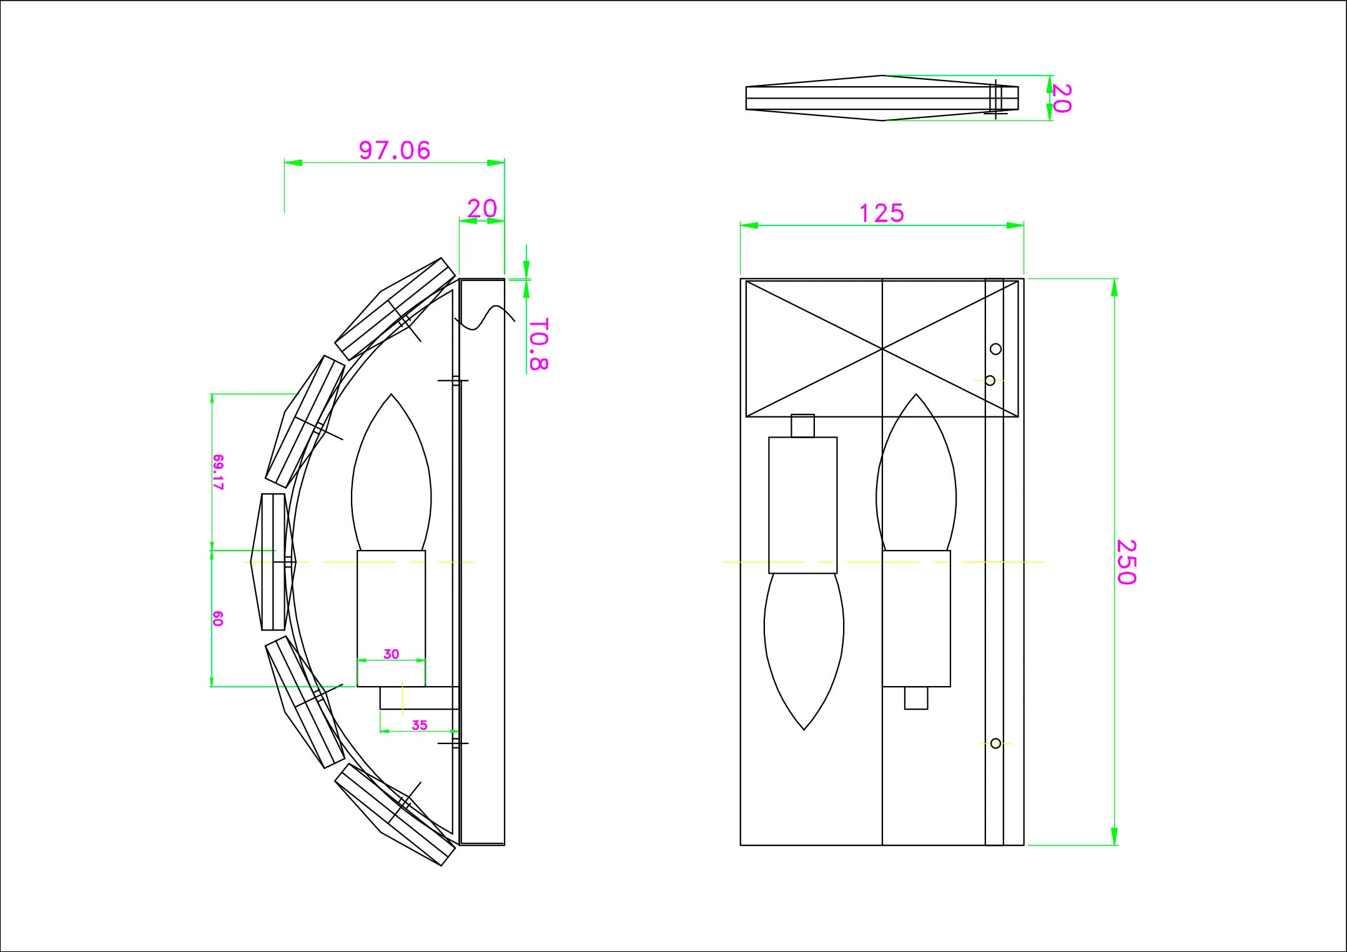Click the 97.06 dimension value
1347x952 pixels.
[x=395, y=150]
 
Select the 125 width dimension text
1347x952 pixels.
[x=882, y=213]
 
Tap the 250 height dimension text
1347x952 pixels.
[x=1126, y=562]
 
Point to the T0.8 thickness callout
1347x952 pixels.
[x=538, y=345]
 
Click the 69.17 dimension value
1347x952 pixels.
[x=218, y=472]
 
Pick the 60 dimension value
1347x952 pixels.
[x=218, y=619]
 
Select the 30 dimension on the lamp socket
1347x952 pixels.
[x=391, y=654]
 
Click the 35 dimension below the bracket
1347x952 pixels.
[x=420, y=725]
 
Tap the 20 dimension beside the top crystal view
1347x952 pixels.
[x=1062, y=98]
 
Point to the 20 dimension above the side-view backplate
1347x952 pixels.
[x=482, y=209]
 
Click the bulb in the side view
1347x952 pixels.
[x=392, y=473]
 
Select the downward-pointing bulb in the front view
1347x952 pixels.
[x=804, y=652]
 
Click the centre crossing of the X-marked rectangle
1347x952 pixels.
[x=882, y=348]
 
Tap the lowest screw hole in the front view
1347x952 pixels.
[x=995, y=743]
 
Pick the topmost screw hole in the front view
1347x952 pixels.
[x=995, y=349]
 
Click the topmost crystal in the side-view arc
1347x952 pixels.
[x=395, y=308]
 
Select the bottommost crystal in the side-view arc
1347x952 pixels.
[x=395, y=815]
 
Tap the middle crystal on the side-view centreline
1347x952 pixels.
[x=274, y=562]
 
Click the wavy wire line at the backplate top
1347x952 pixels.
[x=485, y=318]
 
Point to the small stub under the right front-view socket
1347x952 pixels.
[x=916, y=698]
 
